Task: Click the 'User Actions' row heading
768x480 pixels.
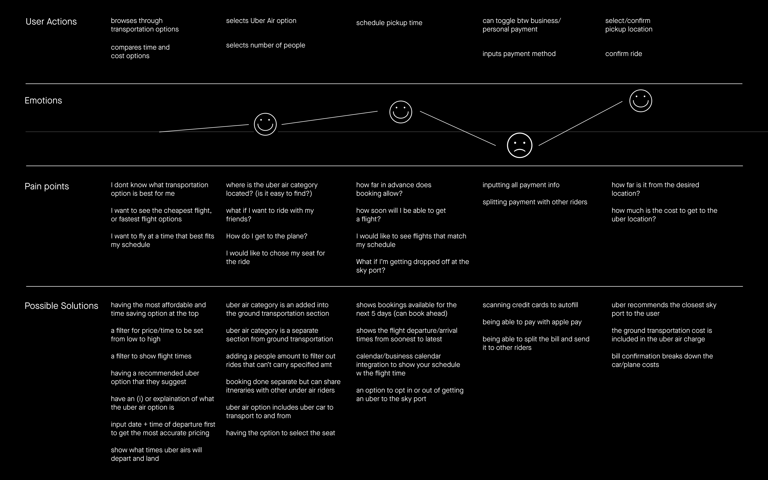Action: [x=51, y=22]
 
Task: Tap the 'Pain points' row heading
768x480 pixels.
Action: [x=47, y=186]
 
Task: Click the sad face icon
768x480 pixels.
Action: [x=519, y=145]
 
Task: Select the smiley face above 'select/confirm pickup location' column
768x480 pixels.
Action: [x=640, y=101]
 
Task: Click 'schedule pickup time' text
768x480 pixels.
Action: [x=389, y=23]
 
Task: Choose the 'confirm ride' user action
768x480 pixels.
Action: [x=623, y=54]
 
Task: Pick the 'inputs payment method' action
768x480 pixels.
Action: [x=519, y=54]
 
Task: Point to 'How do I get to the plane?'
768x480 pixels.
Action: [x=267, y=236]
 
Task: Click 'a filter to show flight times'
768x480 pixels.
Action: [x=151, y=356]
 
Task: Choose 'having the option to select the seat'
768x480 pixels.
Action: [x=281, y=433]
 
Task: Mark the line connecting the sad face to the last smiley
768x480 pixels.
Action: [x=580, y=123]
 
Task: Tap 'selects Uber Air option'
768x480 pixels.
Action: [x=261, y=21]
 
